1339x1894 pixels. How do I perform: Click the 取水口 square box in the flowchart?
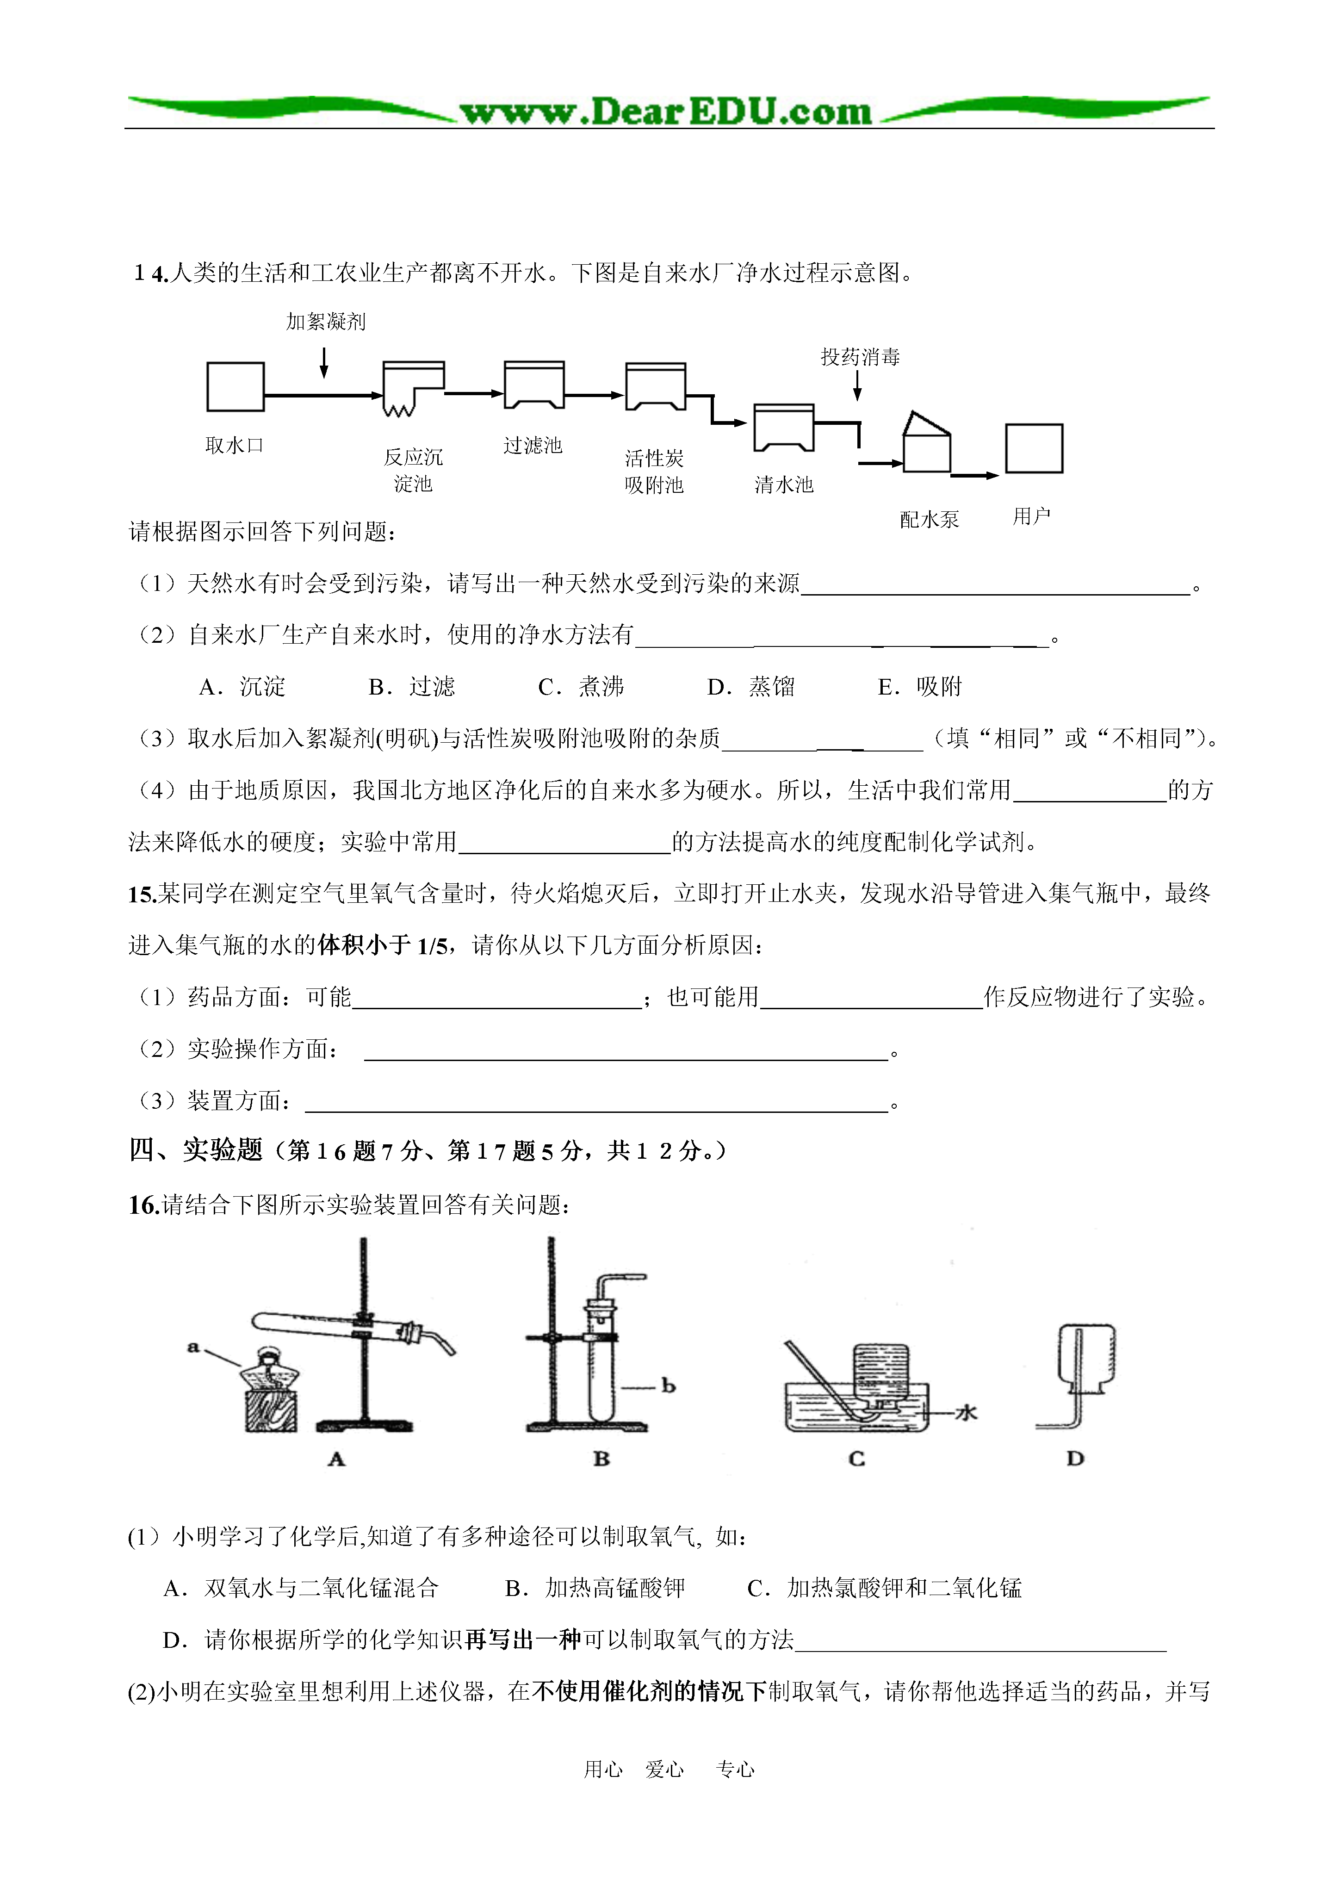click(x=235, y=386)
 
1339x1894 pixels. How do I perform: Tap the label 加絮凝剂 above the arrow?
click(x=325, y=322)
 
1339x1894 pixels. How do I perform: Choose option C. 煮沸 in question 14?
click(x=581, y=686)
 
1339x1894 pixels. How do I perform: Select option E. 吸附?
click(x=920, y=686)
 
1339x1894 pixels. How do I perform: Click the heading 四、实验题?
click(x=196, y=1150)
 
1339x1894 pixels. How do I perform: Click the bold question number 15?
click(x=142, y=894)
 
